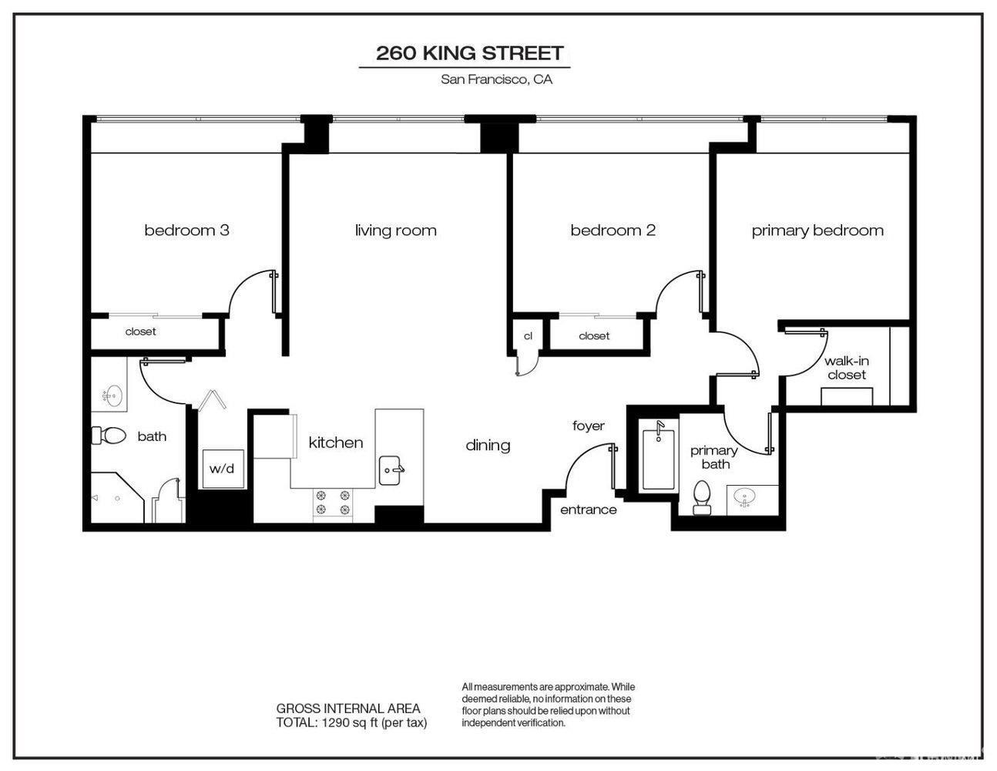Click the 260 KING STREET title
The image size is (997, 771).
pos(469,53)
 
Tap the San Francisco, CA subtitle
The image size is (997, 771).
pos(496,79)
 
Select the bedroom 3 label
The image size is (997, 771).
pos(186,230)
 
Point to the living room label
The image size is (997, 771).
pos(395,230)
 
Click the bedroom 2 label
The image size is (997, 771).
pos(613,230)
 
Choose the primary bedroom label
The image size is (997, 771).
pos(817,230)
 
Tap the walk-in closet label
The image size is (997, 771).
pos(846,368)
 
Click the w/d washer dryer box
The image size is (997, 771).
pos(223,468)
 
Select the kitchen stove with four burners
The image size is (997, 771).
pos(332,503)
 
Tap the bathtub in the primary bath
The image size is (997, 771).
pos(659,457)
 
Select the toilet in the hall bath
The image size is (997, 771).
pos(109,436)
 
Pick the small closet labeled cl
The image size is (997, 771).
pos(528,336)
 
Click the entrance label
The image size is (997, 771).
pos(588,510)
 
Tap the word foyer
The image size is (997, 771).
pos(589,426)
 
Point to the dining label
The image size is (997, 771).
pos(488,445)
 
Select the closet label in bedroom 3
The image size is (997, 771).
pos(140,332)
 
